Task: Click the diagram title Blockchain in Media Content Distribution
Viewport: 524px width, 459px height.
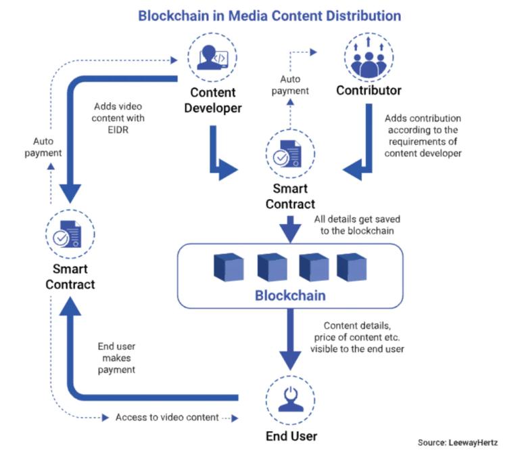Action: tap(269, 15)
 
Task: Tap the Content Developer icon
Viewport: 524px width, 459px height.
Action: tap(213, 58)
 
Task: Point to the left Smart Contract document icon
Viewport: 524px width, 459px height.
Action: tap(70, 234)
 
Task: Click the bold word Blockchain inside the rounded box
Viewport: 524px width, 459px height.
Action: tap(289, 296)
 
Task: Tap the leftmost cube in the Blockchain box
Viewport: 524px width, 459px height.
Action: tap(229, 267)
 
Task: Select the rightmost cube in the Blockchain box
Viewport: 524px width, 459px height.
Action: tap(352, 267)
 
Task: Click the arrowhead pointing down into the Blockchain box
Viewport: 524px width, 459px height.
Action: tap(290, 234)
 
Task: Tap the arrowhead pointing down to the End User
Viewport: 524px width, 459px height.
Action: tap(290, 364)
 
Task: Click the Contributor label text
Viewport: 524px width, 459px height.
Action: tap(368, 91)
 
